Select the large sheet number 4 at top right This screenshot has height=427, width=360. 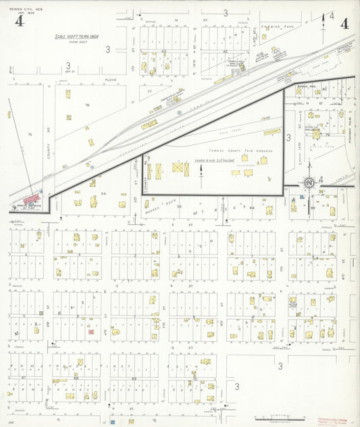pyautogui.click(x=344, y=24)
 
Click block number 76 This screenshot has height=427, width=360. pyautogui.click(x=87, y=105)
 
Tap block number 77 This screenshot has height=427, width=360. pyautogui.click(x=149, y=91)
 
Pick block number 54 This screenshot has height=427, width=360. pyautogui.click(x=103, y=193)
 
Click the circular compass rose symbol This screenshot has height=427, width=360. pyautogui.click(x=308, y=182)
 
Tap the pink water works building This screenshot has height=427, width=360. pyautogui.click(x=30, y=199)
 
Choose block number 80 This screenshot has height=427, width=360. pyautogui.click(x=324, y=89)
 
